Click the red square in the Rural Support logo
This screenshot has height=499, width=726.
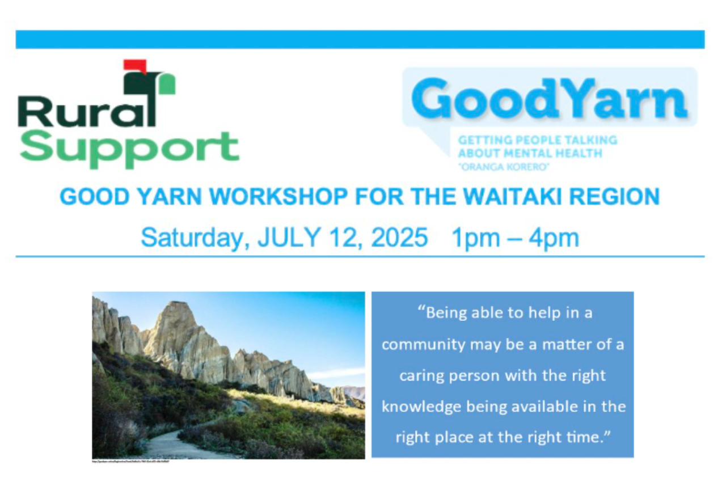point(134,66)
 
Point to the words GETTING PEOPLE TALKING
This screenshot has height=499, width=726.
point(537,139)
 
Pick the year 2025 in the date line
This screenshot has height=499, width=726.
point(399,238)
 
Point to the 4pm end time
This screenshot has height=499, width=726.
point(554,238)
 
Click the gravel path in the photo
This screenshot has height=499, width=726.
point(170,446)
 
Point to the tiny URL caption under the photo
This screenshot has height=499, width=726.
point(131,462)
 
